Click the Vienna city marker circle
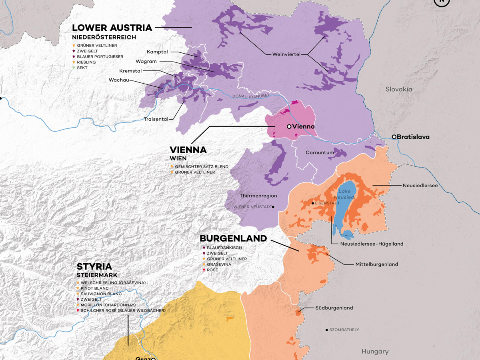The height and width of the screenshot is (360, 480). point(289,126)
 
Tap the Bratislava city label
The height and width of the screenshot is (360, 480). point(413,137)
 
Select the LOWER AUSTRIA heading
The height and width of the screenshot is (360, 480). point(112,28)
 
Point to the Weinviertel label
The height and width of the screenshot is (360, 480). point(286,54)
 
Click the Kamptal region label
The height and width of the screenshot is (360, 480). point(157,52)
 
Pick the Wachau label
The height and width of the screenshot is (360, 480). point(119,80)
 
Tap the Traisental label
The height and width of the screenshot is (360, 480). point(156,119)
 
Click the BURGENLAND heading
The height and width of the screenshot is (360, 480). point(233,238)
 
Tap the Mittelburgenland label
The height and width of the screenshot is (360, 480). point(376,264)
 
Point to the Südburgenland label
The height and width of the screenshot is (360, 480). point(334,308)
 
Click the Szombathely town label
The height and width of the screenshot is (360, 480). point(344,330)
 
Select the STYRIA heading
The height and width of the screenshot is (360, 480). point(94,266)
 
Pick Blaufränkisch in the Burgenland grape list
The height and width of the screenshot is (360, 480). point(224,248)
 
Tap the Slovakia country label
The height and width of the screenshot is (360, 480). point(398,89)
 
